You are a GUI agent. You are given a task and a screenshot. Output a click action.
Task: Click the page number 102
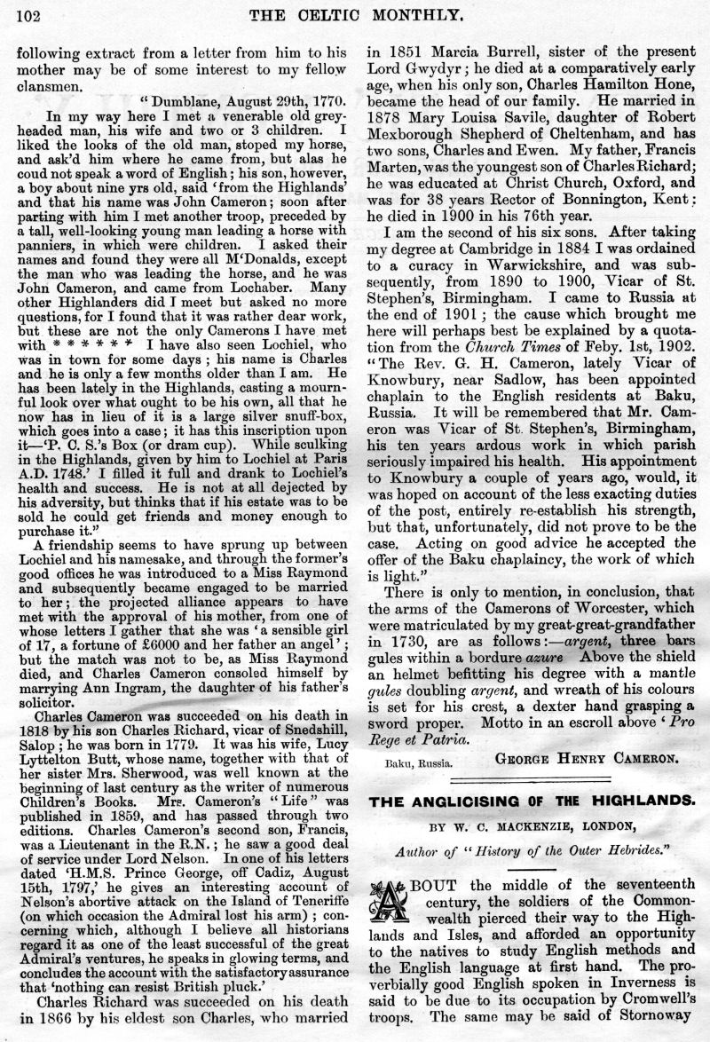coord(29,14)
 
